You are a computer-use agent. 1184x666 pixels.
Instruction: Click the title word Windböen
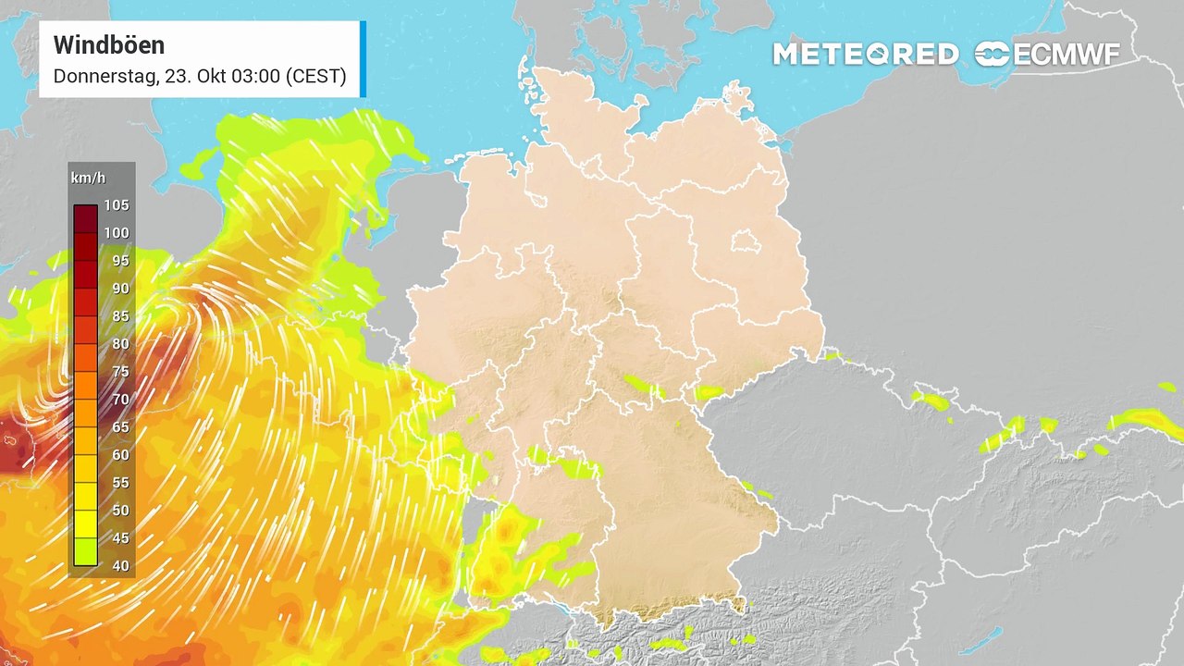pyautogui.click(x=108, y=45)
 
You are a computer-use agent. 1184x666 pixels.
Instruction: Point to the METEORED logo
pyautogui.click(x=865, y=55)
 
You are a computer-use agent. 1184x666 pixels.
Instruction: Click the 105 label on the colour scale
pyautogui.click(x=117, y=205)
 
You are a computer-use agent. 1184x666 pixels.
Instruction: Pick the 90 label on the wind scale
pyautogui.click(x=120, y=289)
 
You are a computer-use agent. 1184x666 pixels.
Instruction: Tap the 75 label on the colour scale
pyautogui.click(x=120, y=372)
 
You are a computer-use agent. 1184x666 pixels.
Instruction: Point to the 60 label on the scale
pyautogui.click(x=120, y=455)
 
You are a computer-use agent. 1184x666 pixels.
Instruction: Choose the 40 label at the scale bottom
pyautogui.click(x=120, y=566)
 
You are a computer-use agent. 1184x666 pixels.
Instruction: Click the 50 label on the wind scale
pyautogui.click(x=120, y=511)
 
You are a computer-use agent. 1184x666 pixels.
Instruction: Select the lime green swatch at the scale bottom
pyautogui.click(x=86, y=552)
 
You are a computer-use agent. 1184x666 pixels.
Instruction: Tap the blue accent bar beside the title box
pyautogui.click(x=363, y=58)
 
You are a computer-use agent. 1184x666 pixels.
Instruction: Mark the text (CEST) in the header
pyautogui.click(x=315, y=77)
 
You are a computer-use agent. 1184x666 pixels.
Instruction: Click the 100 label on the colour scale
pyautogui.click(x=117, y=233)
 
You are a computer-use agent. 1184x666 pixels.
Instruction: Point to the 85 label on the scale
pyautogui.click(x=120, y=316)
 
